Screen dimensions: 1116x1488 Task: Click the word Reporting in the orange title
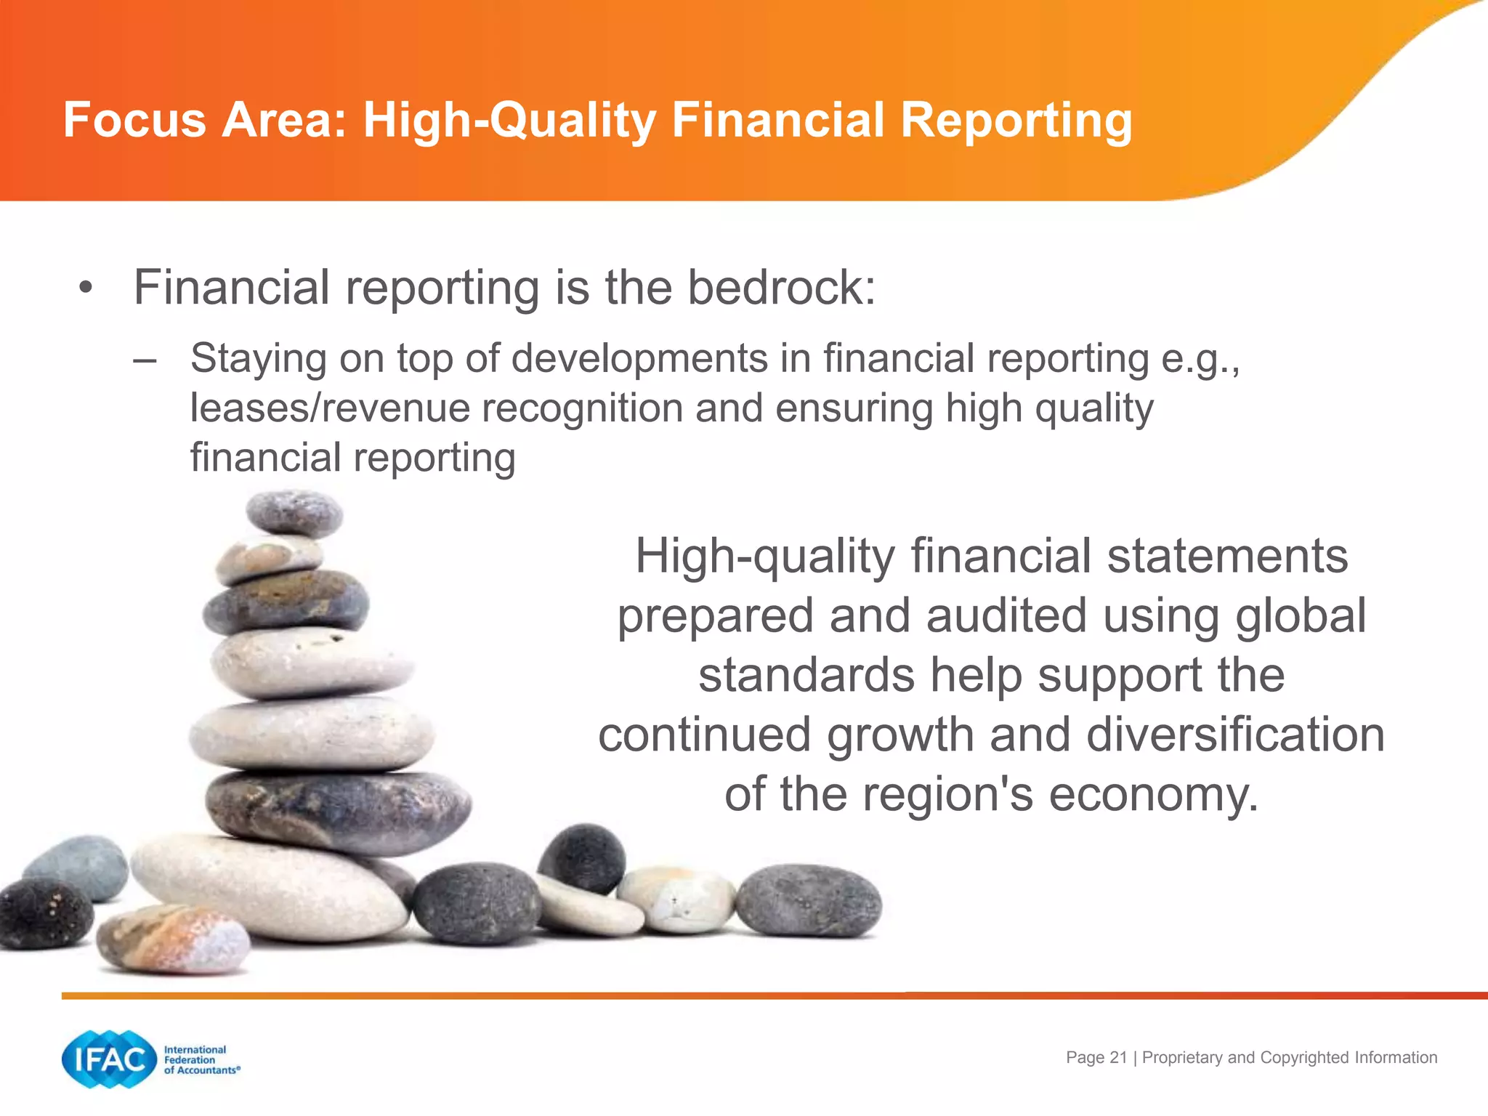click(x=1016, y=120)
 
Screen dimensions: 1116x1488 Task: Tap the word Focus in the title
click(x=134, y=120)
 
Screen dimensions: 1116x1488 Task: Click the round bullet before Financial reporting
click(x=86, y=288)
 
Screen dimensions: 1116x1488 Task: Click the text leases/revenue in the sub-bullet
click(x=329, y=408)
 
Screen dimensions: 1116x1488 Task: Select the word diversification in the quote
click(x=1235, y=735)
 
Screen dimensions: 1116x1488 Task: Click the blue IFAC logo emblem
click(x=110, y=1059)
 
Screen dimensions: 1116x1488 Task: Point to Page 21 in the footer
click(x=1096, y=1058)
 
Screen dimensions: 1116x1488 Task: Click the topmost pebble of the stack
click(x=294, y=511)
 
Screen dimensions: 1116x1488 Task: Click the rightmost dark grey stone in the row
click(x=808, y=901)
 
